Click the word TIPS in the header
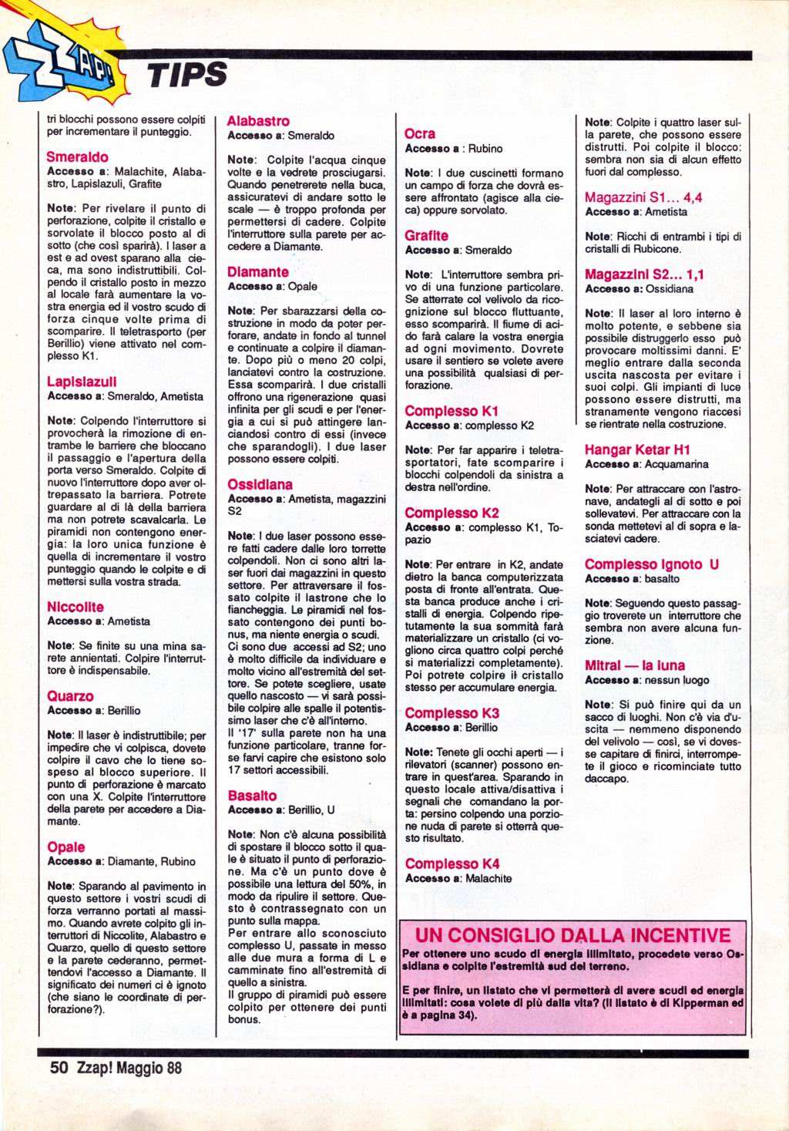click(x=188, y=75)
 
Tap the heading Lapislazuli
click(x=82, y=382)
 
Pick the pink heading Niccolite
click(x=76, y=607)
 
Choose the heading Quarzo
click(x=70, y=696)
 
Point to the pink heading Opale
click(x=66, y=847)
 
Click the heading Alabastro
click(x=259, y=121)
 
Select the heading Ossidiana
click(x=260, y=485)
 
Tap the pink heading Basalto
click(x=252, y=795)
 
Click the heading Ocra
click(x=420, y=134)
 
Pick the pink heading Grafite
click(x=426, y=236)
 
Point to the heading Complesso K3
click(x=452, y=713)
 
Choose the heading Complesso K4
click(x=452, y=863)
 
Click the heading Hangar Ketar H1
click(x=637, y=449)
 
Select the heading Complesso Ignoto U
click(x=652, y=564)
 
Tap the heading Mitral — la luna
click(x=634, y=665)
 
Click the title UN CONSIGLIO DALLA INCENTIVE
click(x=572, y=935)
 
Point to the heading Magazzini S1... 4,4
click(x=643, y=197)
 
